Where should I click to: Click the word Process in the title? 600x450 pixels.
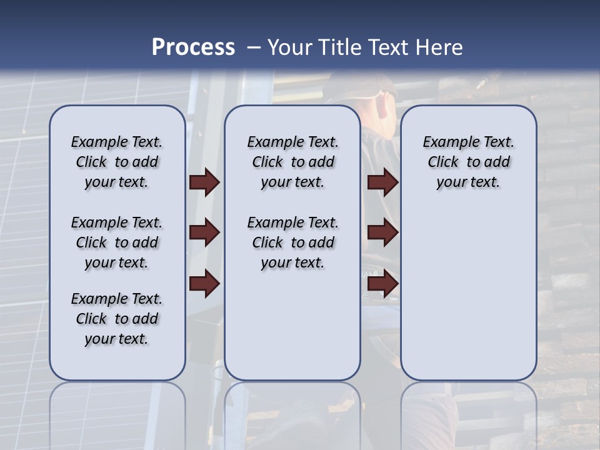(193, 47)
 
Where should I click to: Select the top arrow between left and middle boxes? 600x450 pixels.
(204, 182)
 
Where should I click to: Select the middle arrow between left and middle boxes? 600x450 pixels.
(204, 233)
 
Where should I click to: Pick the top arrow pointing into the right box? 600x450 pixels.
(382, 182)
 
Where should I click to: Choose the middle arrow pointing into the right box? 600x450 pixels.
(382, 233)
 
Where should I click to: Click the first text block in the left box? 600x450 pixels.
(117, 162)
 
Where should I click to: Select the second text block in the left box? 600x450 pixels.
(117, 242)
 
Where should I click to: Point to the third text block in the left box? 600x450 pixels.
(117, 319)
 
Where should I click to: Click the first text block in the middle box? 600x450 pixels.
(292, 162)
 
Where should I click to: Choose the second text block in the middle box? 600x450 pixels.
(292, 242)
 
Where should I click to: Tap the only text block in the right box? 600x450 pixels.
(469, 162)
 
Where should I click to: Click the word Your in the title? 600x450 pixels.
(290, 47)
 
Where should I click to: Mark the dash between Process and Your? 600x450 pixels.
(254, 47)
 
